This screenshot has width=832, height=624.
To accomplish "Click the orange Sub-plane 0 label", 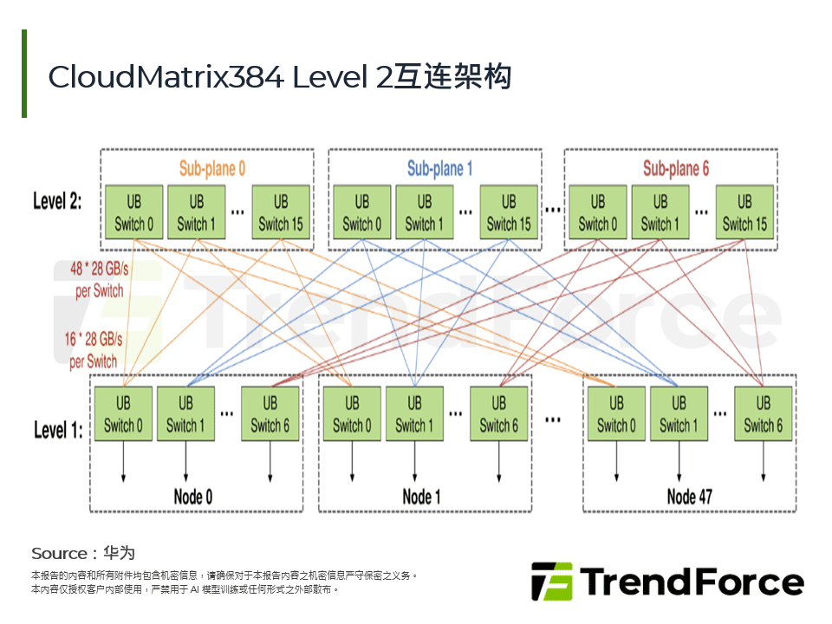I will coord(212,168).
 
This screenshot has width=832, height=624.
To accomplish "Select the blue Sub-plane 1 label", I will coord(440,168).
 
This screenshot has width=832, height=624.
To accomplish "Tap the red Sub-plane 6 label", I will coord(675,168).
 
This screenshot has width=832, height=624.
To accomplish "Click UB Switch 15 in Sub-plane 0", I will coord(281,212).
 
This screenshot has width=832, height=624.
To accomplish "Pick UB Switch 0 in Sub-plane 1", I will coord(362,212).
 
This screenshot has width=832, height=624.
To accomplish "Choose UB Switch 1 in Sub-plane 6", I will coord(660,212).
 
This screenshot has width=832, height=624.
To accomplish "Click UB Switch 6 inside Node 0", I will coord(270,413).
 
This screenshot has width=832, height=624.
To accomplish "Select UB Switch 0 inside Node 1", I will coord(352,413).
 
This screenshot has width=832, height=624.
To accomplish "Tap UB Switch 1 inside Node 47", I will coord(679,413).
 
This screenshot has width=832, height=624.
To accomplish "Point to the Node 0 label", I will coord(192,497).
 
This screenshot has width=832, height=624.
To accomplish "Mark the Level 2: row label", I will coord(58,202).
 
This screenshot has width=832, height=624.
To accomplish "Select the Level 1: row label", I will coord(58,430).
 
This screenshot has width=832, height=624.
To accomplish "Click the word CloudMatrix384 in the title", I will coord(166,77).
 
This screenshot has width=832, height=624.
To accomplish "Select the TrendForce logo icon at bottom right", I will coord(551,582).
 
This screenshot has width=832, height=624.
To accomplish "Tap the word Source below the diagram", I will coord(59,553).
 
